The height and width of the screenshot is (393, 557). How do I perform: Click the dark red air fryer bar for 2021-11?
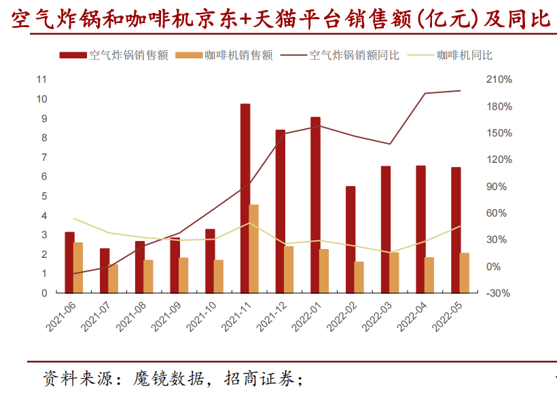click(245, 198)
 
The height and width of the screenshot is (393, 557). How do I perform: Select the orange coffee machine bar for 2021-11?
click(254, 248)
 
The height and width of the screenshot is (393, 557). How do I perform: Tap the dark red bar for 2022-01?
click(315, 204)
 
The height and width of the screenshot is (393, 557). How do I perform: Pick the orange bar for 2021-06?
click(78, 267)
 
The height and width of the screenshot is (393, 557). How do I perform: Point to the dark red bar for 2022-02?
click(351, 239)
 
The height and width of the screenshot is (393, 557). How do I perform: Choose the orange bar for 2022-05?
click(465, 273)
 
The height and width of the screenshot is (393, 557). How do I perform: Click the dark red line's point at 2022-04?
click(425, 94)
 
